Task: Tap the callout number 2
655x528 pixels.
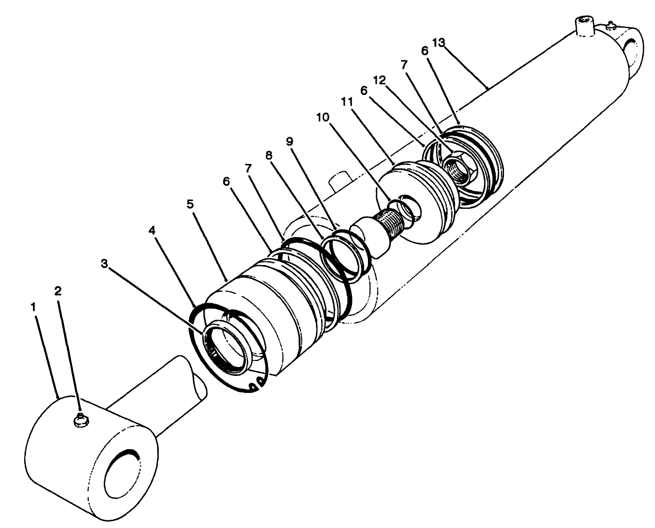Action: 58,290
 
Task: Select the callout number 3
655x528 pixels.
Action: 104,264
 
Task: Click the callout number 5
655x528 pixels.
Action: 190,204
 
